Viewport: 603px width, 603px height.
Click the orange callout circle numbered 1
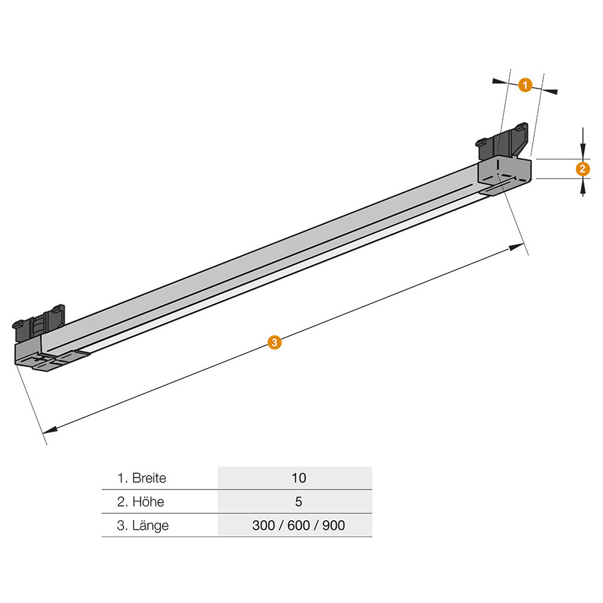pos(525,85)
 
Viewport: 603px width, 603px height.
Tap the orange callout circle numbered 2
pos(582,169)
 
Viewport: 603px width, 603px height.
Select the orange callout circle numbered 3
pos(274,342)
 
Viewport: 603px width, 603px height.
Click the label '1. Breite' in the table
pos(142,478)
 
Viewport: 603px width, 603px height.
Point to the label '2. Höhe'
pos(140,502)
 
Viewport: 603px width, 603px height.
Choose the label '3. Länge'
pos(143,526)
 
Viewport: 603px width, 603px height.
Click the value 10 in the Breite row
pos(299,478)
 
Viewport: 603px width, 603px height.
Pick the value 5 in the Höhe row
pos(298,502)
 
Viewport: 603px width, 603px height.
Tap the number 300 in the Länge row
pos(263,525)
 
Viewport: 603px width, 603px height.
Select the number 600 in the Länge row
pos(298,525)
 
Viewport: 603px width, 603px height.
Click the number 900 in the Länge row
pos(333,525)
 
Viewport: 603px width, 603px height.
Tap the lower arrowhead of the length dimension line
pos(50,430)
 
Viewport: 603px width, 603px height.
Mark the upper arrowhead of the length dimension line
pos(516,246)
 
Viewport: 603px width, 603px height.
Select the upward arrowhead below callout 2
pos(583,187)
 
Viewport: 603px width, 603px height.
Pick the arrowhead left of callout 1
pos(500,81)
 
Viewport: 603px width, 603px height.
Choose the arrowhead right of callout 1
pos(550,91)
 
